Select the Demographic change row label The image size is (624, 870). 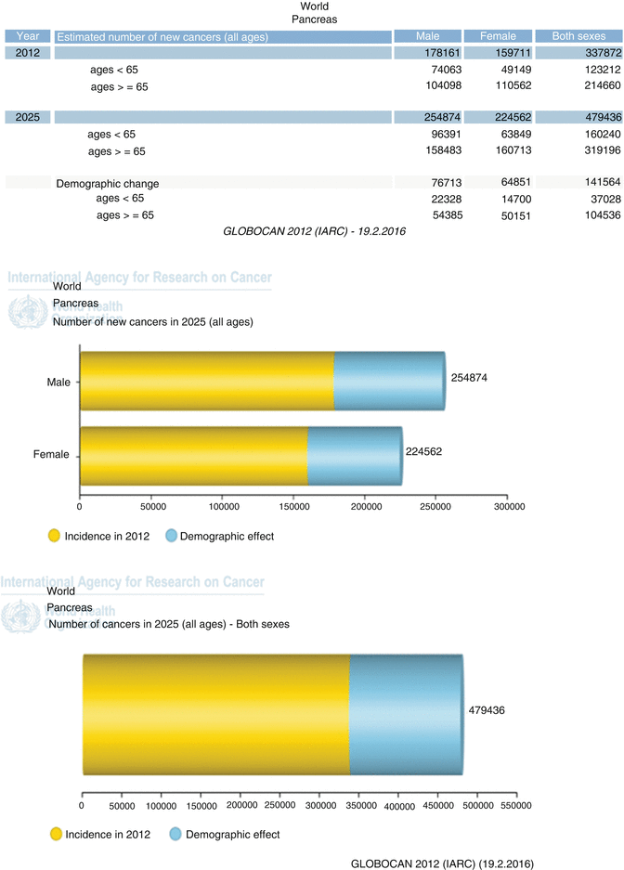tap(107, 184)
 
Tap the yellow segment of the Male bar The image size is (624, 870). tap(206, 381)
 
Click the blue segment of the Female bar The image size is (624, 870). tap(354, 456)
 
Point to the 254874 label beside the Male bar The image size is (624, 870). tap(470, 379)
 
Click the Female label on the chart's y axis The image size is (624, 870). tap(58, 456)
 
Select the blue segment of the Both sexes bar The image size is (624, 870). tap(405, 713)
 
